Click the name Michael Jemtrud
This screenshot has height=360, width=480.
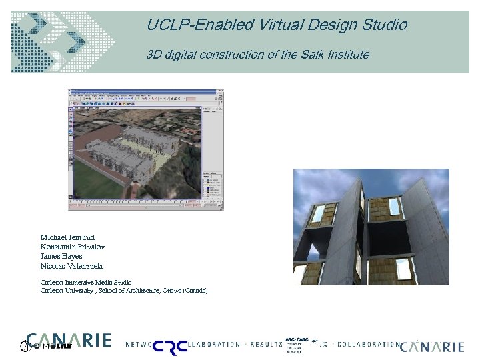pyautogui.click(x=68, y=237)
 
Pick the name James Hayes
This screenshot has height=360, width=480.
pyautogui.click(x=61, y=256)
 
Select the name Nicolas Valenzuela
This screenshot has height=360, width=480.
pyautogui.click(x=71, y=266)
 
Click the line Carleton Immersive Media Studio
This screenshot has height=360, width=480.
pyautogui.click(x=86, y=282)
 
